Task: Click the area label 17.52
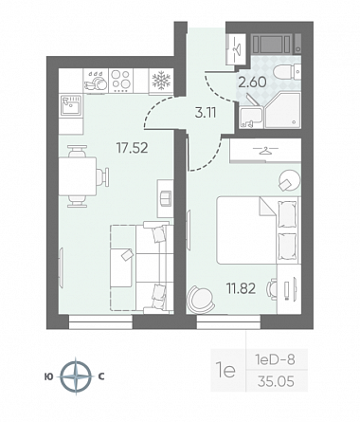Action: tap(132, 148)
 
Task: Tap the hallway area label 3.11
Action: tap(206, 113)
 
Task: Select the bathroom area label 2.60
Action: tap(252, 83)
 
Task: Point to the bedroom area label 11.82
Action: tap(241, 288)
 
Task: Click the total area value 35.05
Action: tap(276, 381)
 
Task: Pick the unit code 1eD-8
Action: tap(275, 359)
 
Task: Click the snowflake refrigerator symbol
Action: tap(161, 81)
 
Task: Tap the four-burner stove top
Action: tap(121, 81)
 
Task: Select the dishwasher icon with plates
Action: tap(96, 81)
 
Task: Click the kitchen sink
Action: tap(71, 105)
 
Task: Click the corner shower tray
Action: tap(282, 111)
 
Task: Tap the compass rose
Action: tap(76, 376)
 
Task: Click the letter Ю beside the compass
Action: tap(48, 376)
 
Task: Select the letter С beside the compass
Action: tap(101, 376)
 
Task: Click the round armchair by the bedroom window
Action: tap(200, 300)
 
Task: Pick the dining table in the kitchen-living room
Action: tap(78, 176)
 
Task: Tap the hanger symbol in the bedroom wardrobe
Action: tap(266, 150)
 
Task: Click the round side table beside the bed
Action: tap(289, 180)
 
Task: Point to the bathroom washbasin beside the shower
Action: tap(251, 118)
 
